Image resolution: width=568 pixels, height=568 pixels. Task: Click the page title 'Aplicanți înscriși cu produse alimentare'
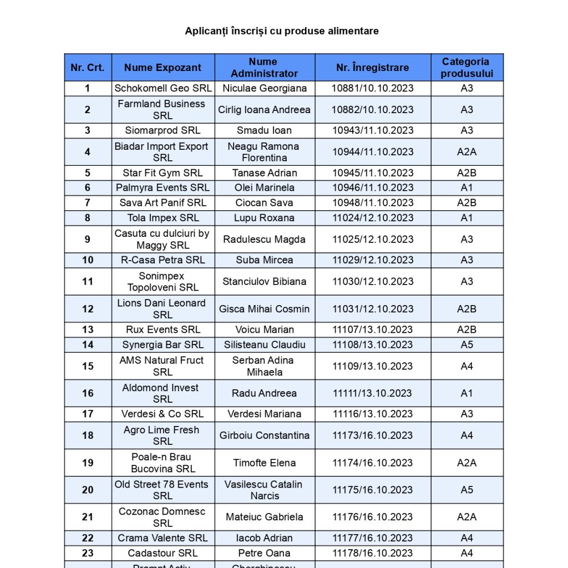click(x=282, y=31)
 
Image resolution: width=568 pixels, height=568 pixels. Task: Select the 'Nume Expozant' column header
click(x=163, y=68)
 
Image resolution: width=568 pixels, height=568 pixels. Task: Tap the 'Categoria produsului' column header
click(x=466, y=68)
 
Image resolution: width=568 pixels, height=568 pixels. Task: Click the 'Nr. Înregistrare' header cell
click(x=373, y=68)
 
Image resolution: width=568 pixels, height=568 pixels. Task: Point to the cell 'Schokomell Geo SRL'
click(x=163, y=88)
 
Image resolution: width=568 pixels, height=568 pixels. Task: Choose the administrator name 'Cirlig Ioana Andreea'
click(x=264, y=109)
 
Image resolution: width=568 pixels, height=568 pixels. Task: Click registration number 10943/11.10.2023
click(x=373, y=130)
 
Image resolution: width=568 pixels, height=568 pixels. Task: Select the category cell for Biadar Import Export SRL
click(x=466, y=152)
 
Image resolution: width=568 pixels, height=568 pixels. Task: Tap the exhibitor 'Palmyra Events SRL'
click(x=163, y=187)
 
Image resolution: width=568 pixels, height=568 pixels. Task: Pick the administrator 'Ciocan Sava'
click(x=264, y=202)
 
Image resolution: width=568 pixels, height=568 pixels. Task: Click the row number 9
click(x=88, y=239)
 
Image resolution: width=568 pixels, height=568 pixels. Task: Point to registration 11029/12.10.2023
click(x=373, y=260)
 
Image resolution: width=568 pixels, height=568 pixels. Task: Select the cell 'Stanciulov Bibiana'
click(x=264, y=281)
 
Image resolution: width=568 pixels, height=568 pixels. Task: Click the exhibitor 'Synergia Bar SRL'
click(x=163, y=344)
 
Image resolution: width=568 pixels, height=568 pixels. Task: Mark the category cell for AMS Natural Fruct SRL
click(x=466, y=366)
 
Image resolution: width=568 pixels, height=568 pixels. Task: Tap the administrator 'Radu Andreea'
click(x=264, y=393)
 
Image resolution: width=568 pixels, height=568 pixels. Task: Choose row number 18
click(x=88, y=435)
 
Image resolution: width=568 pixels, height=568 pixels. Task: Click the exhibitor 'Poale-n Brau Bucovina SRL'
click(x=163, y=463)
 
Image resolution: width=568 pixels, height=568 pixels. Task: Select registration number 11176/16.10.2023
click(x=373, y=517)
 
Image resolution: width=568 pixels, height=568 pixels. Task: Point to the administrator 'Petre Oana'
click(x=264, y=553)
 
